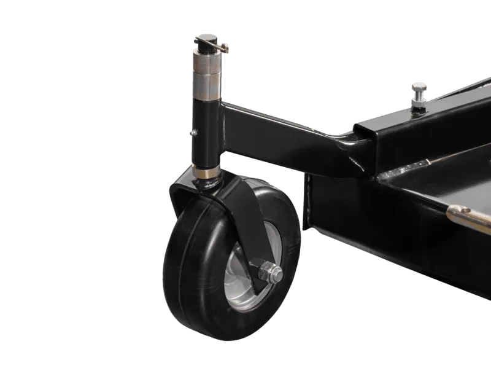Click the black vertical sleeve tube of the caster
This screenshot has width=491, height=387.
(x=205, y=132)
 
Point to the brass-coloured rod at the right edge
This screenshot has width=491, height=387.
(x=470, y=216)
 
